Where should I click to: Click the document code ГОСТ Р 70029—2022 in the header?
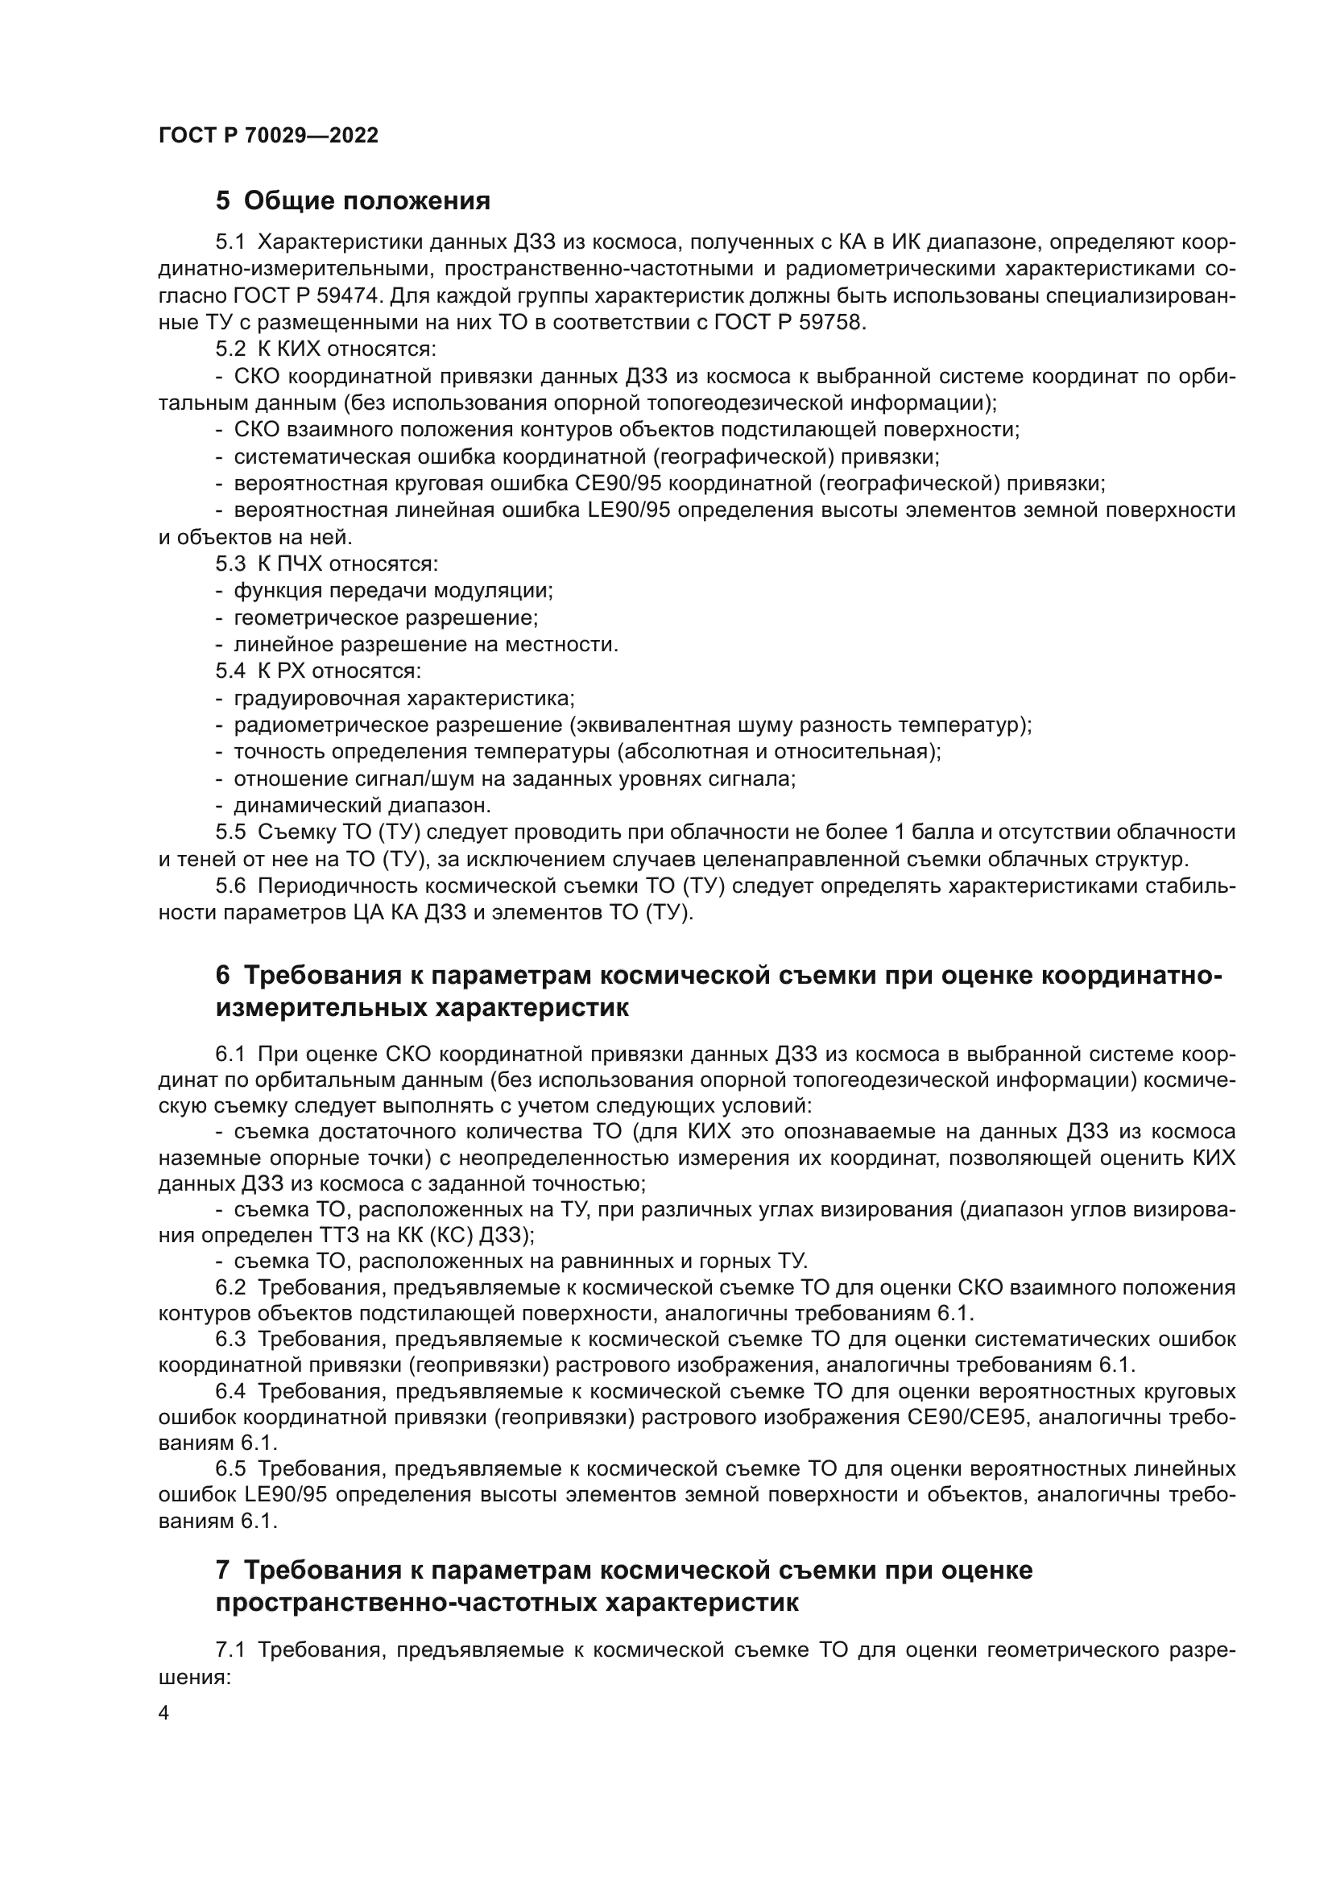(x=268, y=136)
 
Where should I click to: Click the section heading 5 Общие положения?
(x=353, y=200)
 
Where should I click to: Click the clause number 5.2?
(x=230, y=349)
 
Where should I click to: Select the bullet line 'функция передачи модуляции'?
(x=393, y=590)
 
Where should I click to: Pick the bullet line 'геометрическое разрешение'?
(x=386, y=617)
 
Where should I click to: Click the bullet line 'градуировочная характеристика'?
(x=403, y=698)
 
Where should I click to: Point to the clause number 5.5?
(x=230, y=832)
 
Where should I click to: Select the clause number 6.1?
(x=230, y=1053)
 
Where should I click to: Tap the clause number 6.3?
(x=230, y=1339)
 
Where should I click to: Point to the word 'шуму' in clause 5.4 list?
(x=787, y=725)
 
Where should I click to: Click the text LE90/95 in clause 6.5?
(x=285, y=1494)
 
